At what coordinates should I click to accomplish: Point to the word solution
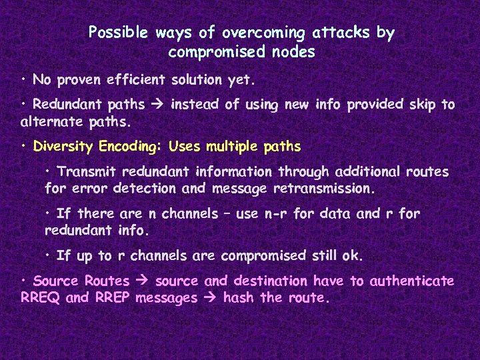click(x=197, y=80)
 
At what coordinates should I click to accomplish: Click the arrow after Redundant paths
click(x=157, y=105)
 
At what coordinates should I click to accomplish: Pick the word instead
click(x=196, y=105)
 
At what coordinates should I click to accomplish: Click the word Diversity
click(x=64, y=146)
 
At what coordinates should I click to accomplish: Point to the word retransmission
click(x=324, y=189)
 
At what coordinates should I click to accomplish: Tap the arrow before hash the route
click(x=211, y=298)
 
